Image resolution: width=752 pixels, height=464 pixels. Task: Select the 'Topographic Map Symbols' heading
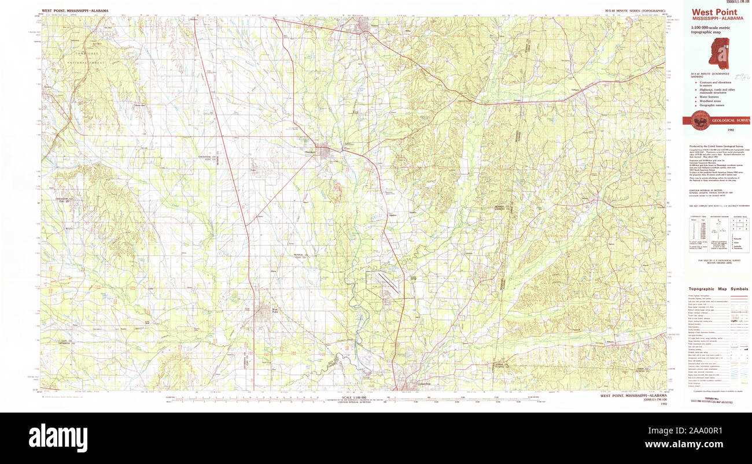coord(718,289)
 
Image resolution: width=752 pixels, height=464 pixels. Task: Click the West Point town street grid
coord(264,312)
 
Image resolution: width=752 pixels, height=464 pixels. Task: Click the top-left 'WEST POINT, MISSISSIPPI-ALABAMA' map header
coord(75,10)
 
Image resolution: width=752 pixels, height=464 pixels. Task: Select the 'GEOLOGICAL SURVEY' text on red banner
coord(730,120)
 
